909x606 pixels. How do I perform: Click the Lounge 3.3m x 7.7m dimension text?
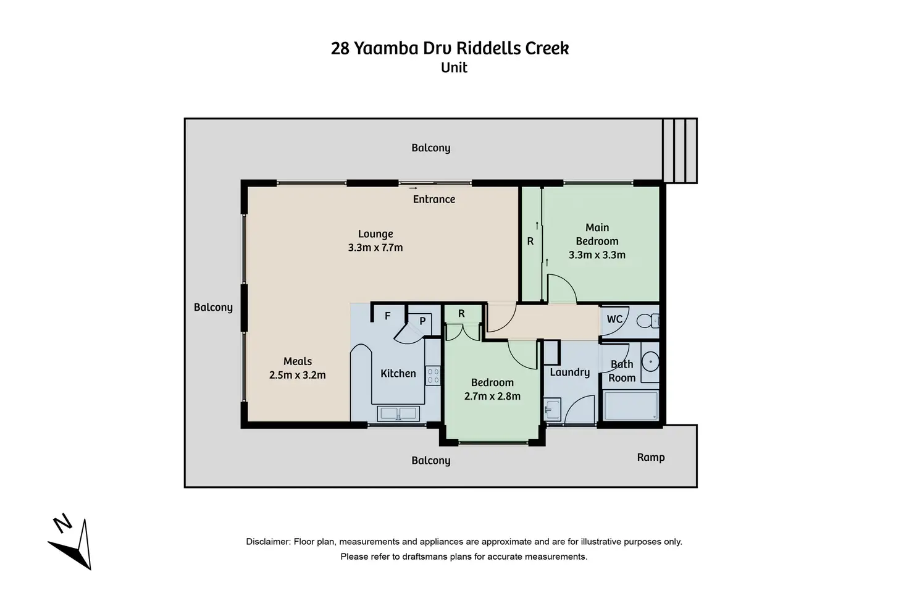coord(375,248)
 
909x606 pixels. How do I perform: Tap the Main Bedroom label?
coord(597,234)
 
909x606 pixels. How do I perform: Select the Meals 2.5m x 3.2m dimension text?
coord(297,375)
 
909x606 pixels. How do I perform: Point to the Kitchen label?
coord(398,373)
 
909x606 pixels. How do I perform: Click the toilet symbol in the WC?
coord(647,321)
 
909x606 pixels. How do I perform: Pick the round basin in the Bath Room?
coord(650,361)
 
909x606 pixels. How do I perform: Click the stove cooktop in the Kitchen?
coord(433,376)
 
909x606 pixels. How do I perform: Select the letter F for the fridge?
coord(388,316)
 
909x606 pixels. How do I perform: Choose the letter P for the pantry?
coord(423,321)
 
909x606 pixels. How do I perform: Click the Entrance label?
coord(434,199)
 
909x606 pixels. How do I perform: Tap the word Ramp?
coord(651,457)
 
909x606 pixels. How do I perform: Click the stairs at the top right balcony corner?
coord(680,151)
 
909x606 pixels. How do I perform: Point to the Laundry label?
coord(569,372)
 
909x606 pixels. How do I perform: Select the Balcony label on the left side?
coord(213,307)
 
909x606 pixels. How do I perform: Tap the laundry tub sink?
coord(551,410)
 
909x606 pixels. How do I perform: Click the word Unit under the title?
coord(454,67)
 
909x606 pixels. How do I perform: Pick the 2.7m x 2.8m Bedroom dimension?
coord(492,396)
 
